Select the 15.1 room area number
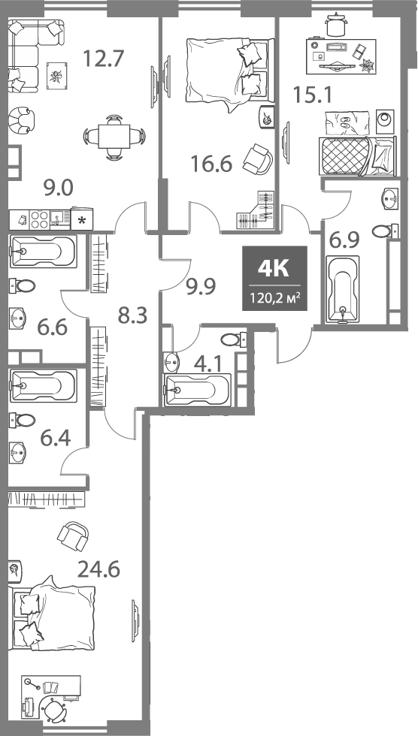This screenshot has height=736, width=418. point(312,95)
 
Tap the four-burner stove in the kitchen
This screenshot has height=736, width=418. point(40,219)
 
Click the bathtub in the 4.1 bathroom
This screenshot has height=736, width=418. point(197,388)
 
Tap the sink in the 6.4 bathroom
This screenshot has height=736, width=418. point(19,451)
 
